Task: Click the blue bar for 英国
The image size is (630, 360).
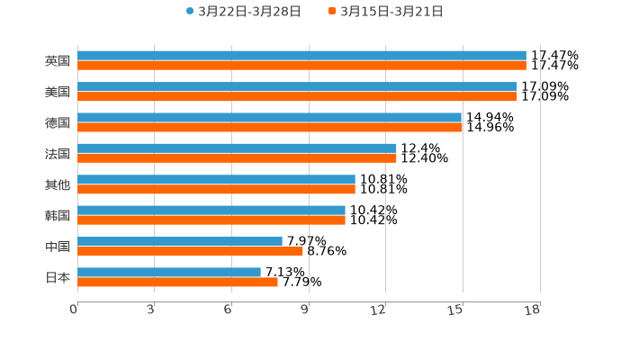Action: point(301,56)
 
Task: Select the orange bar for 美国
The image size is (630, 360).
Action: point(297,96)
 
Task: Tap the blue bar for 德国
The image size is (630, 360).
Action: point(269,117)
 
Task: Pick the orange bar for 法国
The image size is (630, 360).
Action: point(237,157)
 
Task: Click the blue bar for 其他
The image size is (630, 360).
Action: point(216,179)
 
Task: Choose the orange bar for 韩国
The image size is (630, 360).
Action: point(211,220)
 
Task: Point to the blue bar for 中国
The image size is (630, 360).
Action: point(180,241)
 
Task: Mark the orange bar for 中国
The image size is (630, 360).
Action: point(190,251)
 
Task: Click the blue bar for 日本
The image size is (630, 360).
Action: point(169,272)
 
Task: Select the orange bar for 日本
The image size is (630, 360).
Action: point(177,282)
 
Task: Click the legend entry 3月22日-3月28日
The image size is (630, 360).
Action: point(243,12)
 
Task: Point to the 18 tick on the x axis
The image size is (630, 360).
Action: point(532,310)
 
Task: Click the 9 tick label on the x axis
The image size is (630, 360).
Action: point(305,310)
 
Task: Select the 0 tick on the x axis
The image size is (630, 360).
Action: point(74,310)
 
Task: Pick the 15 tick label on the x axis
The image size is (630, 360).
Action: point(456,310)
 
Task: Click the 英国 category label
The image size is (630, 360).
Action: point(58,61)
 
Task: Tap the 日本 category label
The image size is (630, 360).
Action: point(58,277)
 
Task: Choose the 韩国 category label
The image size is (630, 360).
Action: point(58,215)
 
